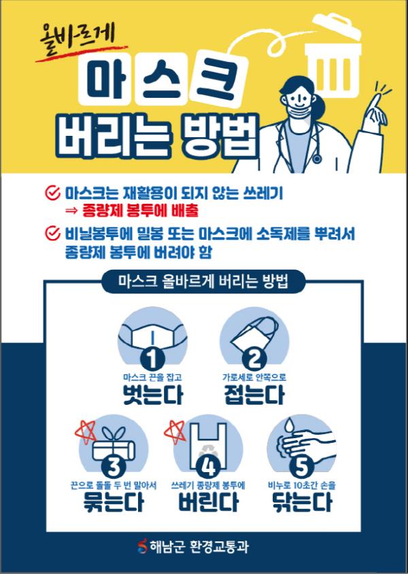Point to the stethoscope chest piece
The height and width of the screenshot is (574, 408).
pos(317,158)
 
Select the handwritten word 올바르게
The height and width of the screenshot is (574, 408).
pos(77,37)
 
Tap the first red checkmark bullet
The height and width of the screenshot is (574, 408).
pos(52,192)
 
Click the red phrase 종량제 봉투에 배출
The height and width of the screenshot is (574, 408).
pos(141,211)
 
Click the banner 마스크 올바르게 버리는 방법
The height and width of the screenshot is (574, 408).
pos(203,281)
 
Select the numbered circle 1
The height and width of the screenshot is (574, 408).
pos(152,358)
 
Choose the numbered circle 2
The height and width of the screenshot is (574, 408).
pos(254,358)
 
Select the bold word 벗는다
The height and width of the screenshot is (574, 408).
pos(152,394)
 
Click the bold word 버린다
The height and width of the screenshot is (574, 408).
pos(208,502)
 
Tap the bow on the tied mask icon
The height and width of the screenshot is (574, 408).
pos(114,435)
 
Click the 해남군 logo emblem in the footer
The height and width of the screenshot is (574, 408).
pos(142,546)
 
